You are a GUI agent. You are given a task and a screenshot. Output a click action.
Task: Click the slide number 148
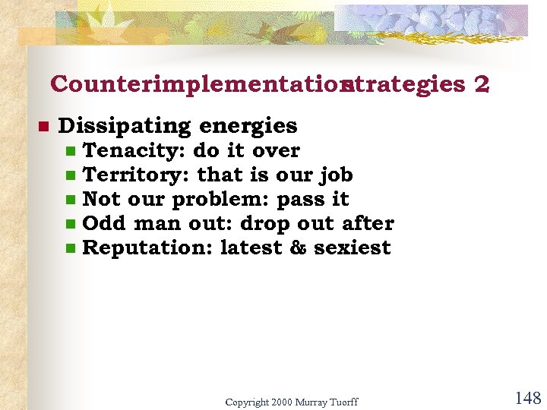[x=527, y=397]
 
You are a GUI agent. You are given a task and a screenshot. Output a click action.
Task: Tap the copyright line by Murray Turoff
[x=291, y=401]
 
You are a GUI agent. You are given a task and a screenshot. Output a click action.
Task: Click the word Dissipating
[x=124, y=125]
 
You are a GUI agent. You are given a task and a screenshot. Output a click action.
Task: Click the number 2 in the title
[x=480, y=84]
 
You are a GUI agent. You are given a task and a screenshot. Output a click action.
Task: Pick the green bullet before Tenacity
[x=71, y=152]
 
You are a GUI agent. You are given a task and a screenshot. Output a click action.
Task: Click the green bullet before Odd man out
[x=71, y=225]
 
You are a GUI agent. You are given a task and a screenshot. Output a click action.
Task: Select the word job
[x=335, y=175]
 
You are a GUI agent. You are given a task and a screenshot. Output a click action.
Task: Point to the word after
[x=368, y=223]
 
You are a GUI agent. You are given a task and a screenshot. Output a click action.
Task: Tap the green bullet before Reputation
[x=71, y=249]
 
